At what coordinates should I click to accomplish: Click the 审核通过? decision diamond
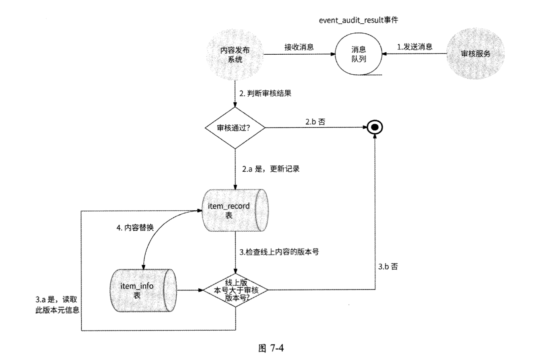pyautogui.click(x=235, y=128)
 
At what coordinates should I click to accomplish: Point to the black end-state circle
pyautogui.click(x=375, y=128)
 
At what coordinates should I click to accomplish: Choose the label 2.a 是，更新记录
pyautogui.click(x=271, y=169)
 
